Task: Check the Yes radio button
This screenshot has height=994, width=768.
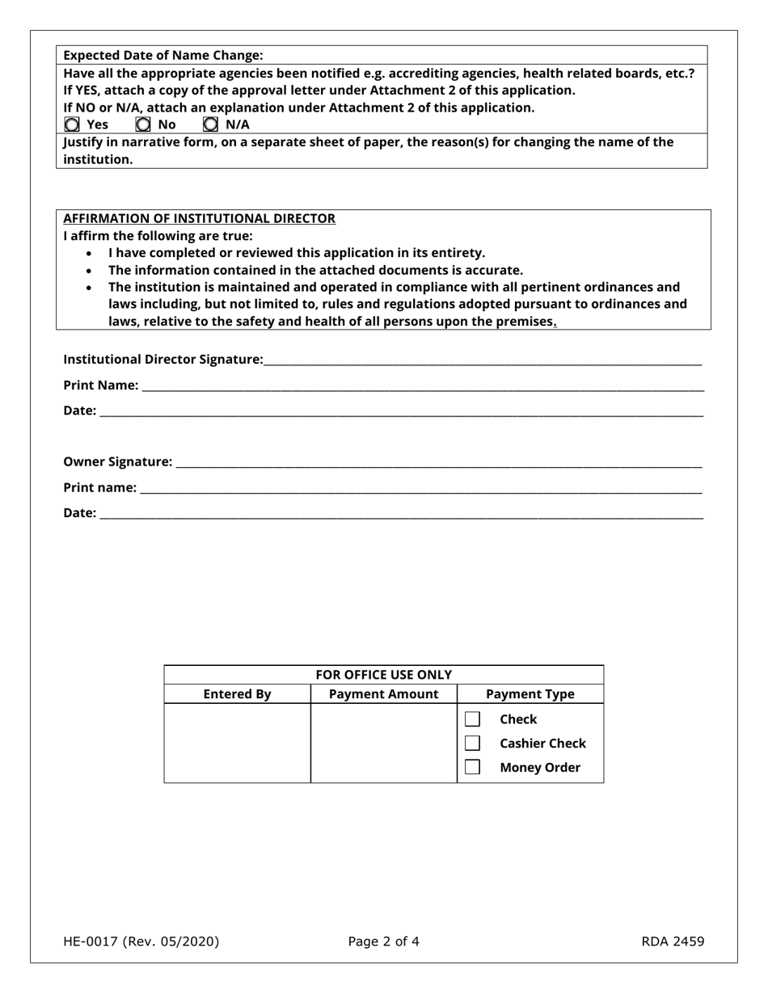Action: [x=72, y=124]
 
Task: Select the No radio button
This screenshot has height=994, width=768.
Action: [x=143, y=124]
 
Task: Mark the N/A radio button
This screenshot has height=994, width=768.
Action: [x=210, y=124]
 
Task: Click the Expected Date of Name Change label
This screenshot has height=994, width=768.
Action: [x=163, y=55]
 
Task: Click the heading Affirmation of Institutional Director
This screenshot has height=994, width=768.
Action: [x=199, y=218]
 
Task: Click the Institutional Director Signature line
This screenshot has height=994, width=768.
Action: [x=482, y=360]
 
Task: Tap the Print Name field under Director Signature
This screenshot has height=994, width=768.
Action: [x=422, y=385]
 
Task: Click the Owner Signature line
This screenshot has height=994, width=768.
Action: [x=438, y=462]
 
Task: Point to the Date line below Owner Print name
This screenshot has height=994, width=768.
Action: [x=401, y=513]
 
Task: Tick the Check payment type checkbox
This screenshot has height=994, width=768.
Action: [x=473, y=719]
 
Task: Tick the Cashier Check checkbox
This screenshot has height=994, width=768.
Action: [x=473, y=743]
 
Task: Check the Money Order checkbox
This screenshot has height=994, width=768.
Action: [x=473, y=767]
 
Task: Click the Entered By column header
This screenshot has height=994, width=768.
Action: [x=237, y=694]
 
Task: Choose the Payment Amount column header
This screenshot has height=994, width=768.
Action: [x=384, y=694]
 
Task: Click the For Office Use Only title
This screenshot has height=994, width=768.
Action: [x=383, y=675]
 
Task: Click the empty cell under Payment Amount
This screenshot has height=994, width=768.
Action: [x=384, y=743]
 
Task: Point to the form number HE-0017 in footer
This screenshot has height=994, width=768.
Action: [x=141, y=941]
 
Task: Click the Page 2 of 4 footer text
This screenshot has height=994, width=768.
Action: [x=383, y=941]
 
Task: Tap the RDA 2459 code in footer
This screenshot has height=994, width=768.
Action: [x=673, y=941]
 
